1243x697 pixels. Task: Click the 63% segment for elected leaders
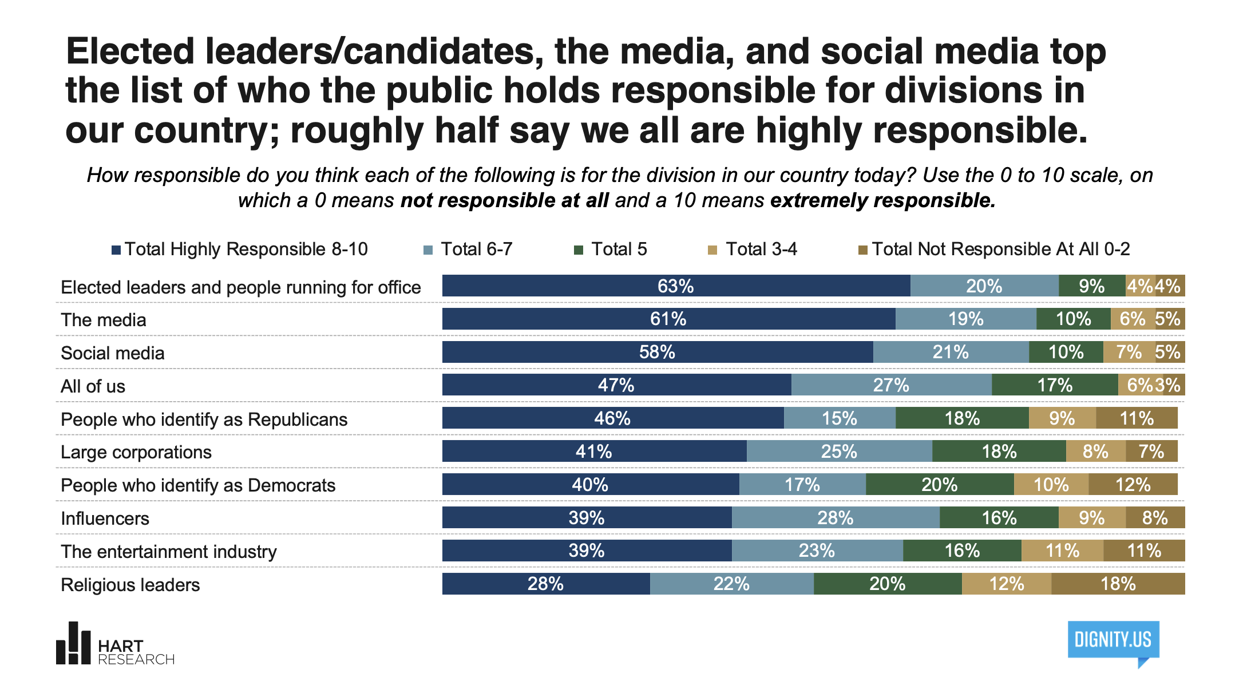[675, 286]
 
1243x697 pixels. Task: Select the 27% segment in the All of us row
[891, 385]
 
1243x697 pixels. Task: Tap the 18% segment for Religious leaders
[1118, 584]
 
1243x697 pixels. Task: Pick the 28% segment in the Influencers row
[835, 518]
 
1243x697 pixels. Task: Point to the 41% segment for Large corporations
[593, 452]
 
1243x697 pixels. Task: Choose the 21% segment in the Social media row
[951, 352]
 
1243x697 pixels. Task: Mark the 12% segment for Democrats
[1133, 485]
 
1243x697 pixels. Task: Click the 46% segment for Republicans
[612, 418]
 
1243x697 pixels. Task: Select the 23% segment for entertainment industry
[817, 551]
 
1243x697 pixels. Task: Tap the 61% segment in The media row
[668, 319]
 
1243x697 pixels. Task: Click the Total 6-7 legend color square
[427, 250]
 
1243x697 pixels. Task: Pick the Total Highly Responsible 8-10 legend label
[246, 250]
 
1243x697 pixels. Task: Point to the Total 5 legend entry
[619, 250]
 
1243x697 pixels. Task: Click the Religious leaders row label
[130, 585]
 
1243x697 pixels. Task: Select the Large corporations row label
[136, 452]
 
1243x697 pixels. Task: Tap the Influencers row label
[105, 518]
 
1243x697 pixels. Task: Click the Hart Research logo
[114, 645]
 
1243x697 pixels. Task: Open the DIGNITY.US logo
[1113, 641]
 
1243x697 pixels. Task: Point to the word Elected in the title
[130, 52]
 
